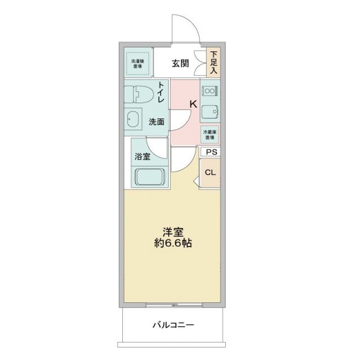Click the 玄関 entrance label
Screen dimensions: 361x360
(x=181, y=62)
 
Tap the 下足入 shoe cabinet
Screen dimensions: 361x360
(x=214, y=63)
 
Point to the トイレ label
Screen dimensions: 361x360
(x=161, y=93)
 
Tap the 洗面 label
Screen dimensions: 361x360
(x=157, y=121)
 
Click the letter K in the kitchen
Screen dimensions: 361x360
(x=192, y=104)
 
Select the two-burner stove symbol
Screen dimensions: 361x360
(x=210, y=90)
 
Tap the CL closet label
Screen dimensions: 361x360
(x=210, y=172)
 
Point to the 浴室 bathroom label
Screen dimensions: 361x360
(x=142, y=157)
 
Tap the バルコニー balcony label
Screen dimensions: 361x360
(x=173, y=325)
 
